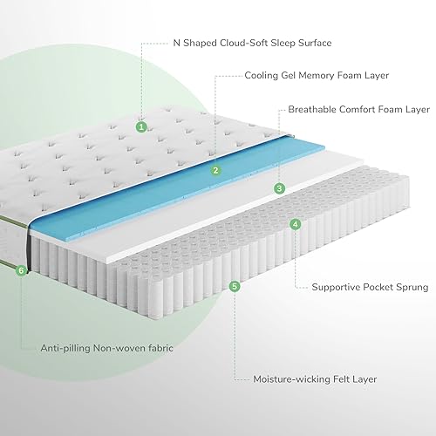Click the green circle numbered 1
(x=141, y=126)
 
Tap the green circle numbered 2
(x=215, y=170)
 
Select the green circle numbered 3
(x=279, y=188)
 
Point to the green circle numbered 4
(x=296, y=224)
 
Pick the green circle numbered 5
(x=235, y=286)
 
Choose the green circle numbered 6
(x=21, y=271)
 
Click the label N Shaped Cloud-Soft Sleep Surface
(x=252, y=43)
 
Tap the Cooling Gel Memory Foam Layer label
(x=317, y=76)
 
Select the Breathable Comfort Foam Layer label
(x=358, y=109)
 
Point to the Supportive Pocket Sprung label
(x=370, y=288)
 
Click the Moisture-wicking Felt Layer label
(x=315, y=379)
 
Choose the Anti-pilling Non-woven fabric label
(x=106, y=348)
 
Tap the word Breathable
(x=312, y=109)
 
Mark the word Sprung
(x=412, y=288)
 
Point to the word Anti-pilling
(x=65, y=348)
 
